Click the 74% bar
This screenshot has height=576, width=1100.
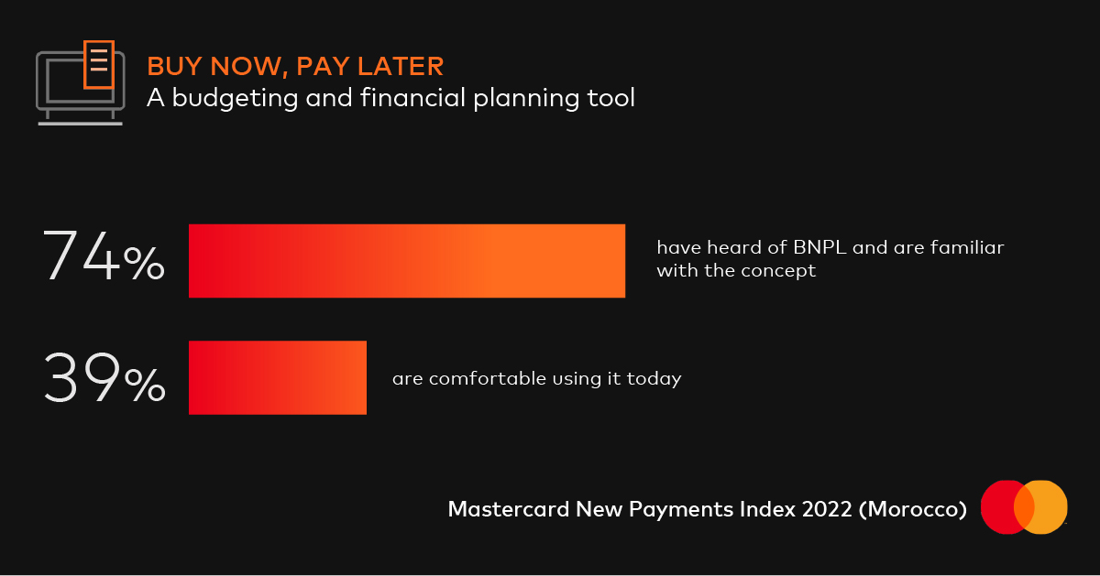point(407,261)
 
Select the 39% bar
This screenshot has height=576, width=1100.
point(278,378)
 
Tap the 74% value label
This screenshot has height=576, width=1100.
point(104,256)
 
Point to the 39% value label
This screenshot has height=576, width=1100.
point(104,378)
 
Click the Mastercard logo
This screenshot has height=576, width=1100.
point(1024,506)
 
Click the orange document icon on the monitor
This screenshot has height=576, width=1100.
point(99,65)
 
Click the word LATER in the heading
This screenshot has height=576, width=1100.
point(401,66)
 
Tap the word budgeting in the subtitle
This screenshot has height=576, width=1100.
point(235,98)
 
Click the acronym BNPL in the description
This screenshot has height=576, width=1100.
point(819,248)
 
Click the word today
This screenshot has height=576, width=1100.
point(654,379)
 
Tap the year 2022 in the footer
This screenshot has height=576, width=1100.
point(827,509)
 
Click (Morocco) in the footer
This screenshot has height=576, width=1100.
point(913,509)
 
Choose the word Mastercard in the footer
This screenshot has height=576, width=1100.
point(509,509)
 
